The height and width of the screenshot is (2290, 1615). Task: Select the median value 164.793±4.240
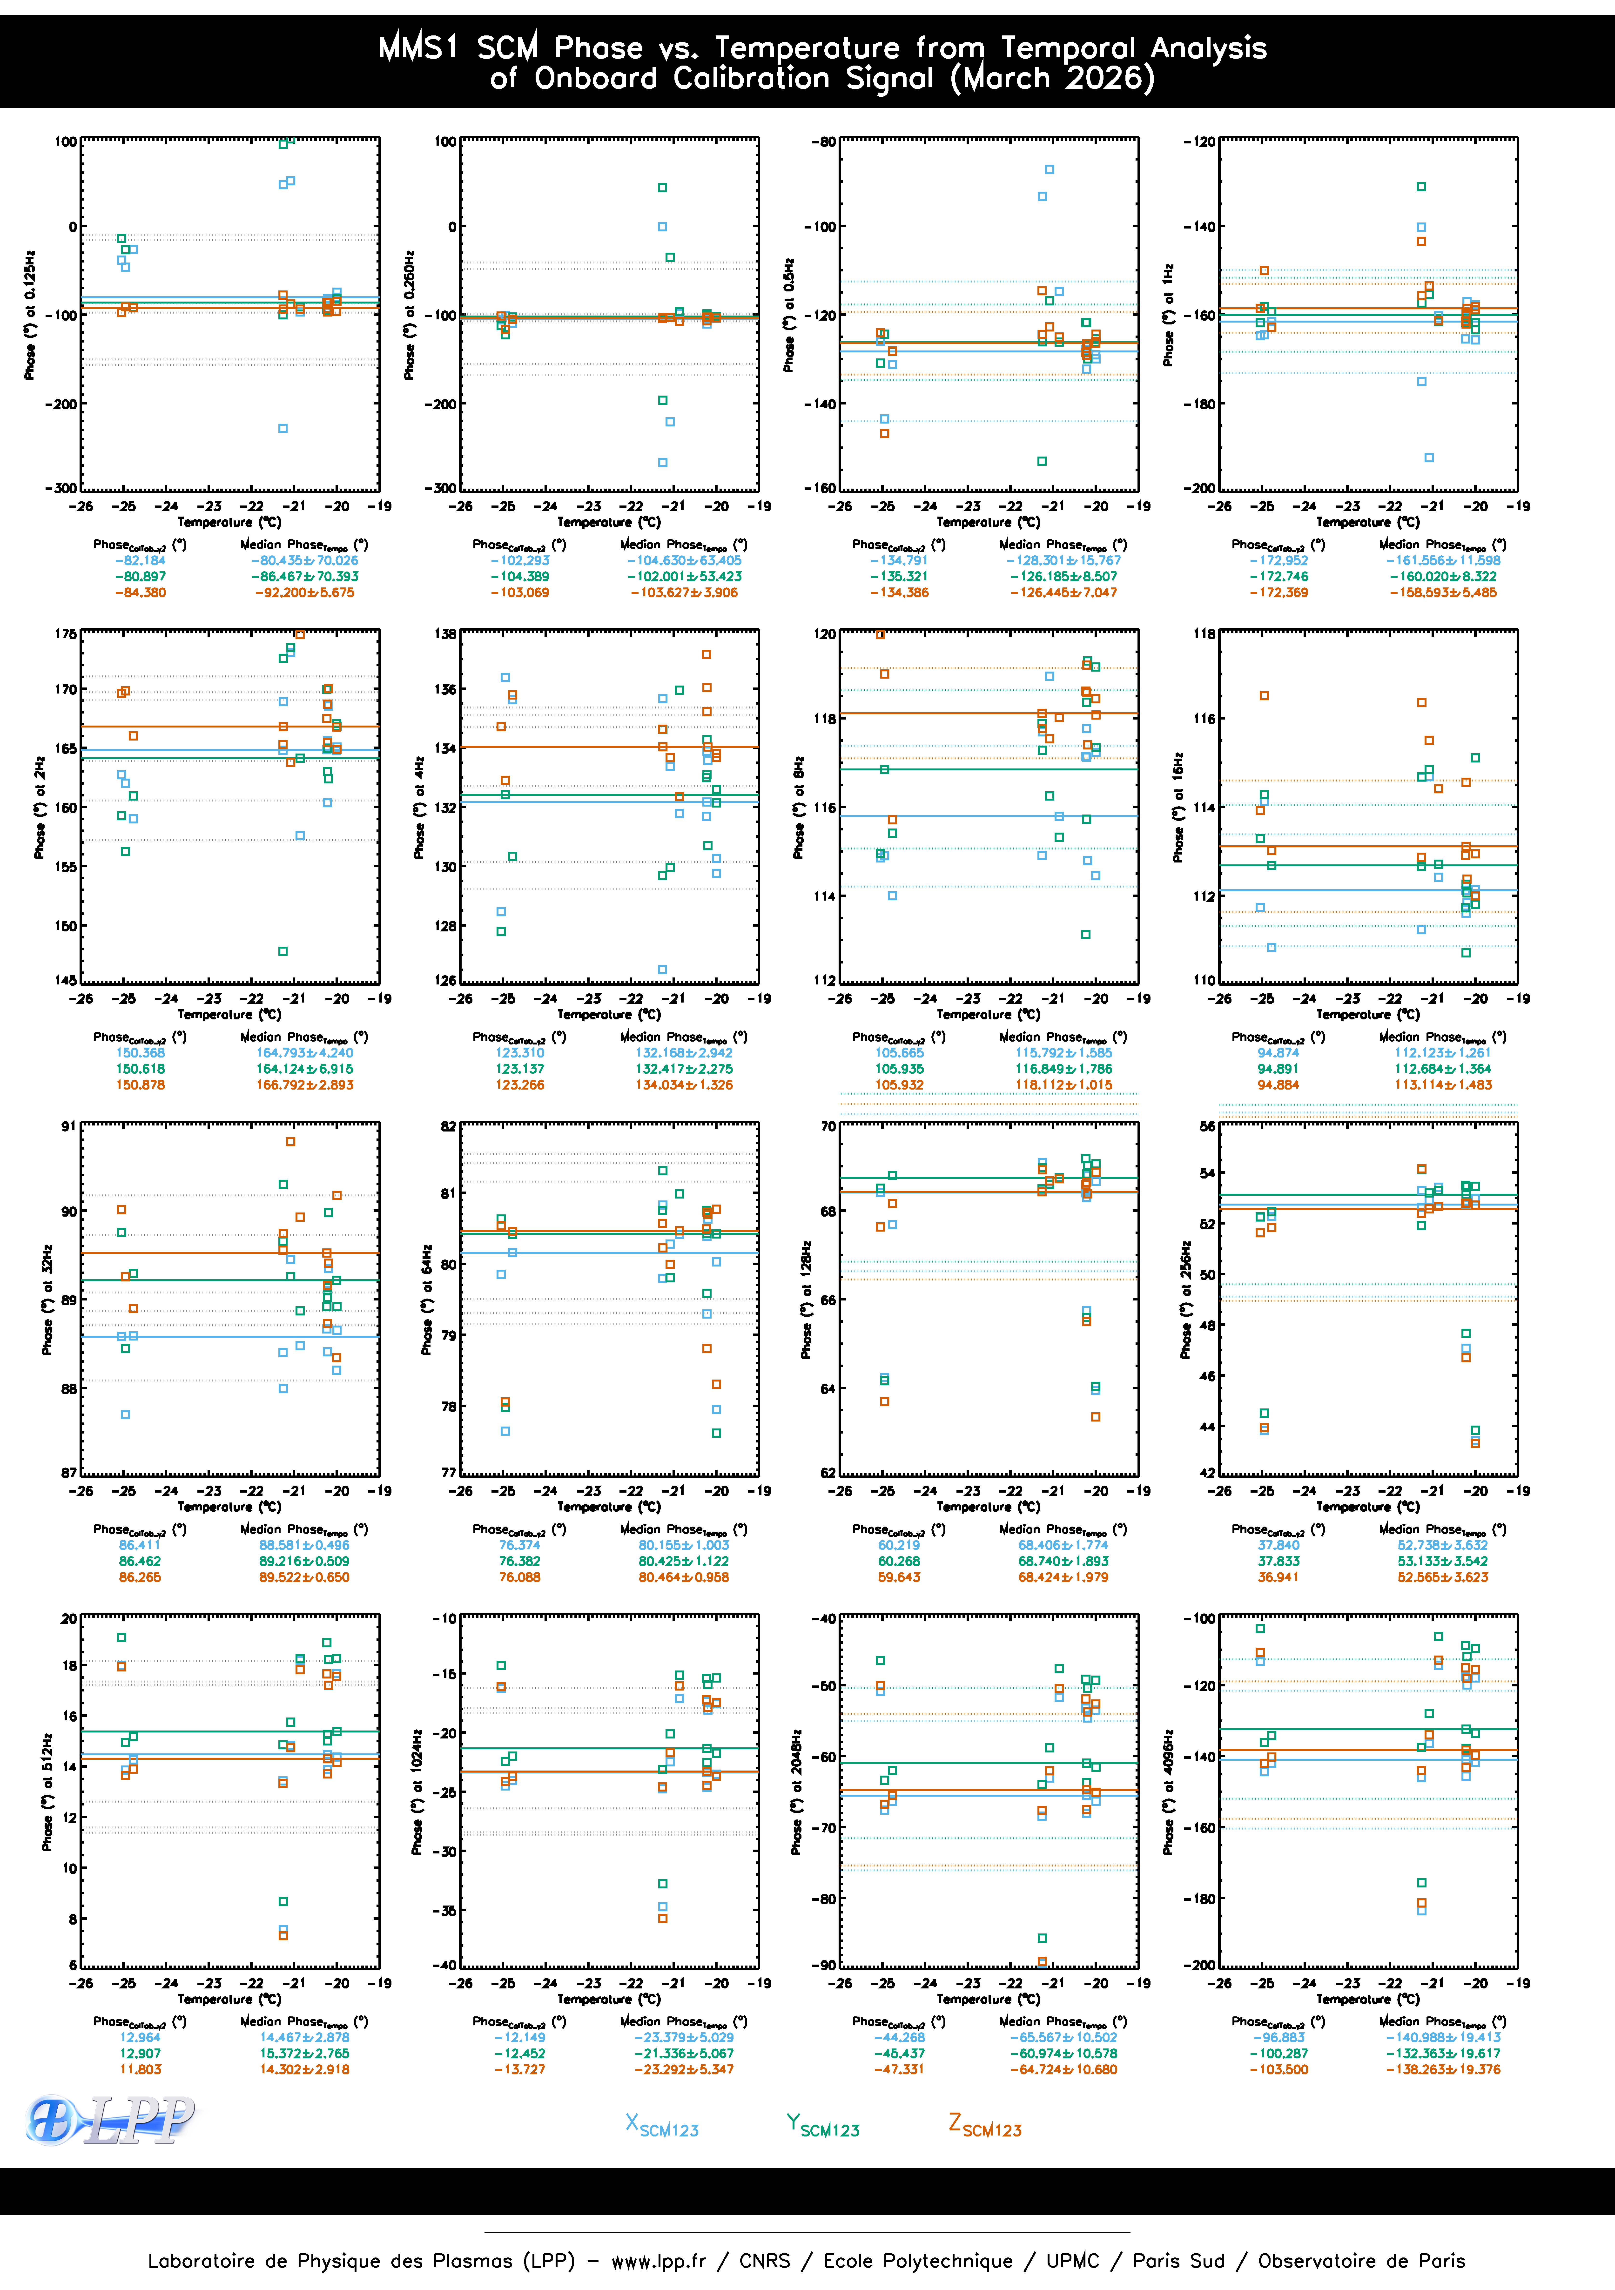coord(304,1052)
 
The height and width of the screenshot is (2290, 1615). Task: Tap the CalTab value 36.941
coord(1278,1577)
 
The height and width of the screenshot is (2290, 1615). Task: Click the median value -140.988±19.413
coord(1442,2038)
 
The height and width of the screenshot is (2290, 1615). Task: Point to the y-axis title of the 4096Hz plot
coord(1168,1792)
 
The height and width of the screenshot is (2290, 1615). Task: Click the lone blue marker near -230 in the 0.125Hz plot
coord(283,429)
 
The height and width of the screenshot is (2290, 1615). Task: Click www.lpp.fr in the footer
coord(658,2261)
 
